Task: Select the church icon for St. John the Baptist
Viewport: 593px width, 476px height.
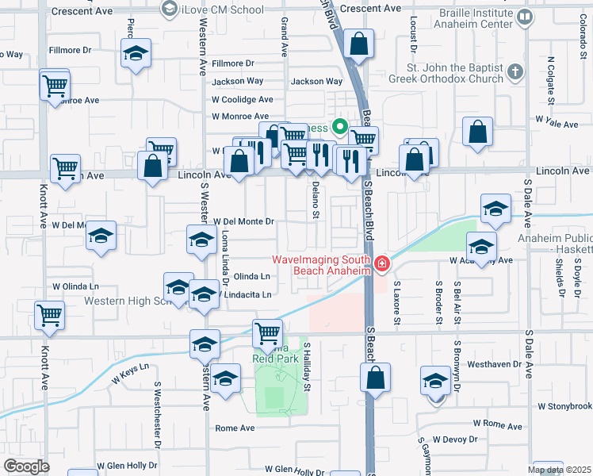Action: [x=515, y=73]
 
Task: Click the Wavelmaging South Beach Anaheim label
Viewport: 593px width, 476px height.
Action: [x=321, y=265]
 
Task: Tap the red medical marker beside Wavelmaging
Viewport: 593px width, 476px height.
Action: [x=382, y=263]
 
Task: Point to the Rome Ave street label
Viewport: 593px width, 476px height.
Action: [x=235, y=428]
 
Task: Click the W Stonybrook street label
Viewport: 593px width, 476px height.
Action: [x=564, y=406]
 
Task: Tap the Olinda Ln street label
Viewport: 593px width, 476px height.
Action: [x=252, y=277]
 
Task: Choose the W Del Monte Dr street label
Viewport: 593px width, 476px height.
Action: [x=242, y=221]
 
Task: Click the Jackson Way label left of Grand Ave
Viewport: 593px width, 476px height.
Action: [x=237, y=81]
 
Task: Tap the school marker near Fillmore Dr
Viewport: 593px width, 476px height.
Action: [x=136, y=55]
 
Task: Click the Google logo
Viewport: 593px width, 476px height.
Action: [x=25, y=466]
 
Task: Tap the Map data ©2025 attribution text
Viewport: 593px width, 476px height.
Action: [x=559, y=470]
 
